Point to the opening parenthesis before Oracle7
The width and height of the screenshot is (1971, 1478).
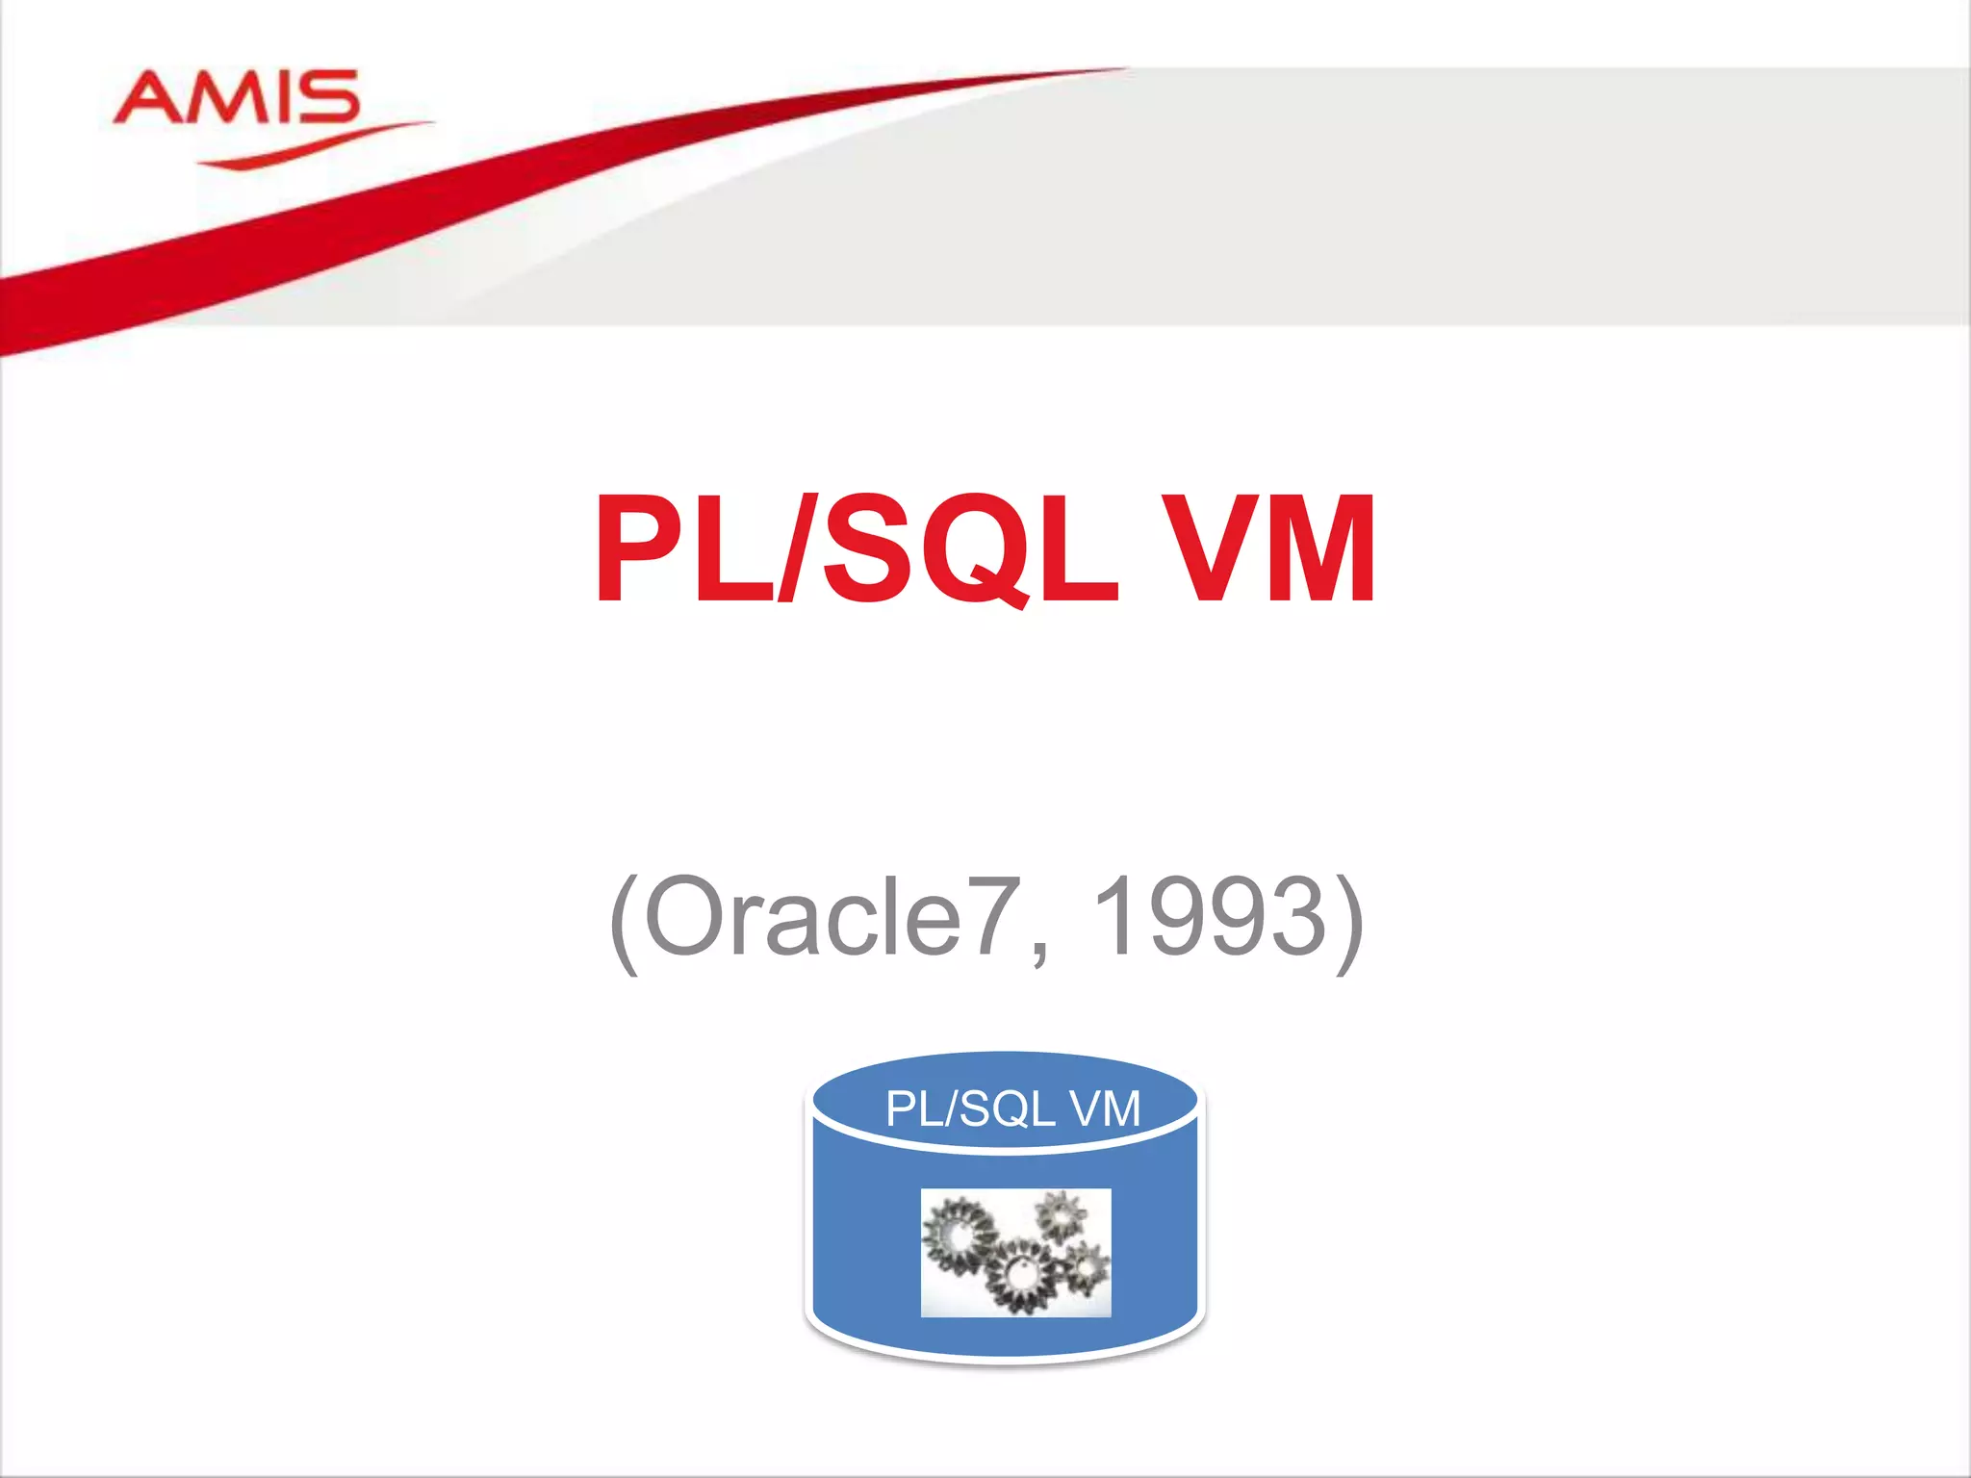point(625,921)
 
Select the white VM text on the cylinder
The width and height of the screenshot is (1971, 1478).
point(1105,1108)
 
